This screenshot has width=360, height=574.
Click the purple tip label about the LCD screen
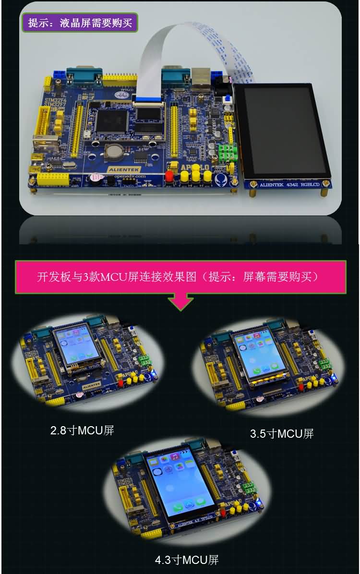(80, 23)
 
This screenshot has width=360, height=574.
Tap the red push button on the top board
(169, 176)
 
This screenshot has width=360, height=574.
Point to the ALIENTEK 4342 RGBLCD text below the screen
(289, 184)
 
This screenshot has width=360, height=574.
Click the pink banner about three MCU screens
(180, 277)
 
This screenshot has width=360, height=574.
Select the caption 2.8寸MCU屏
(82, 430)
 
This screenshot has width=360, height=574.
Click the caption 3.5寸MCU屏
(282, 434)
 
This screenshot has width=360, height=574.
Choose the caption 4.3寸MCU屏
(187, 560)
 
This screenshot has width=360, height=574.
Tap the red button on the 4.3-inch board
(223, 513)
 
